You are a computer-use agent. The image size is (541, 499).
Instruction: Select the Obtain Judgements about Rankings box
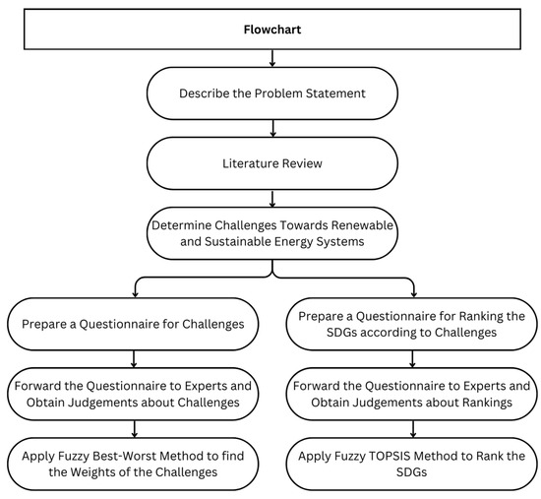point(412,393)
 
